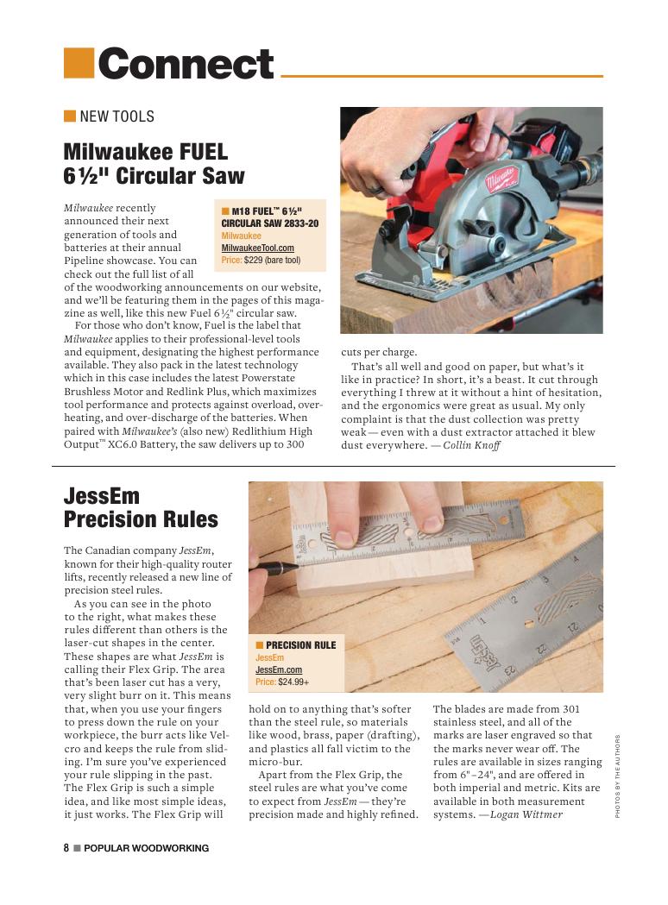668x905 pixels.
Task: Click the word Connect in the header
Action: click(186, 64)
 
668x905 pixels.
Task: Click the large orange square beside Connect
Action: click(79, 62)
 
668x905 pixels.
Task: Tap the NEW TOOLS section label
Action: click(117, 116)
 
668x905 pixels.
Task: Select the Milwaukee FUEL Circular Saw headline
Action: click(154, 164)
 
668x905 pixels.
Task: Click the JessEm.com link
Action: click(278, 669)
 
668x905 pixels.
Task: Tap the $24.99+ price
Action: click(293, 682)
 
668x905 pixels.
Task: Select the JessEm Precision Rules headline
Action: click(141, 508)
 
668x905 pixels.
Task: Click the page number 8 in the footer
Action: click(66, 848)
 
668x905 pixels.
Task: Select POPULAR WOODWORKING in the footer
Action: click(146, 848)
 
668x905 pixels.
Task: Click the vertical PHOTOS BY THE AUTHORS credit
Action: click(618, 776)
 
